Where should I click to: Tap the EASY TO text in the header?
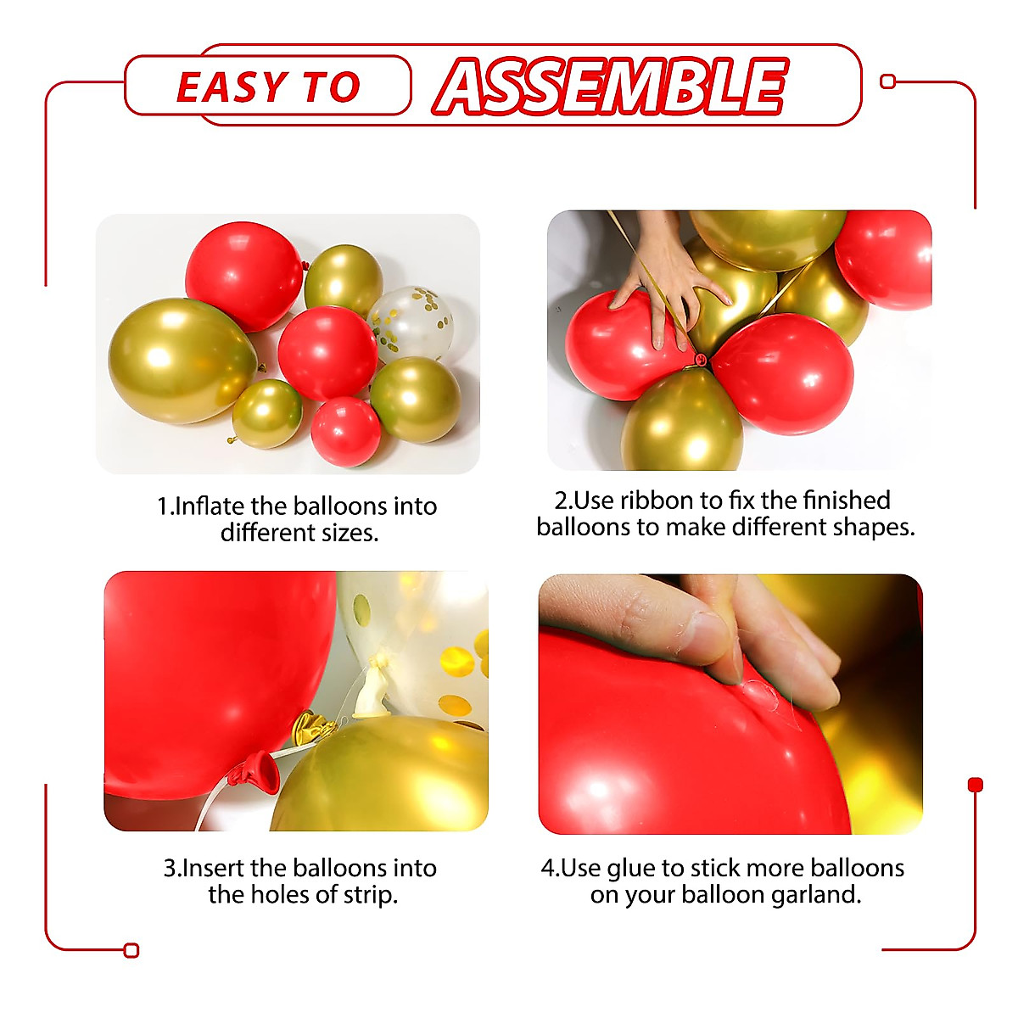pos(268,87)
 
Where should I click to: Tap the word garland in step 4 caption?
pos(815,895)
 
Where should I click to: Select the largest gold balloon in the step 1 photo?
pos(178,360)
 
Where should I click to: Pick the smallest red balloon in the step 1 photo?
pos(345,431)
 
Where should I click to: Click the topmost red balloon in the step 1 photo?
pos(243,276)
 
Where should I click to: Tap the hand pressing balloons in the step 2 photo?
pos(670,280)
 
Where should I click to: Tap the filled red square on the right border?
pos(975,785)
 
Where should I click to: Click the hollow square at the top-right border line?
pos(888,81)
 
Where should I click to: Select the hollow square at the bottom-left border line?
pos(131,950)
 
